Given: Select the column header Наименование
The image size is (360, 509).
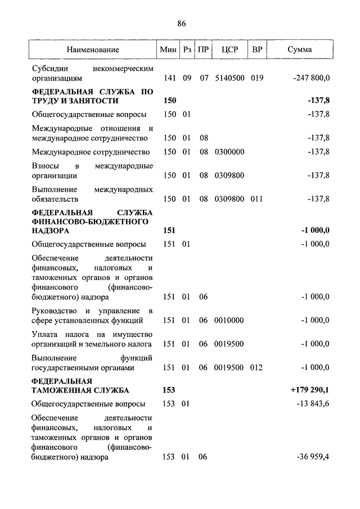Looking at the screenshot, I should click(93, 49).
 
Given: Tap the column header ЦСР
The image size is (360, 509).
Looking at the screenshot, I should click(230, 49).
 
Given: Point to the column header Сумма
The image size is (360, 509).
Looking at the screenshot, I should click(299, 49).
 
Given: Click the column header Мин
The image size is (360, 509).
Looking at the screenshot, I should click(168, 49).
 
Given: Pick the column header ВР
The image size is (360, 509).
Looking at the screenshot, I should click(257, 49).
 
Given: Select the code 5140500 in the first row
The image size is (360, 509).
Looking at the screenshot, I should click(229, 78).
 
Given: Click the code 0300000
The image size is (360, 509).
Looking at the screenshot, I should click(229, 152).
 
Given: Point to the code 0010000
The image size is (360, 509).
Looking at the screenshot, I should click(229, 320).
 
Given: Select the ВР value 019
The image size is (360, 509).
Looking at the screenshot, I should click(257, 78).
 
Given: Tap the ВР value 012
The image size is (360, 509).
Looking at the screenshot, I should click(257, 367).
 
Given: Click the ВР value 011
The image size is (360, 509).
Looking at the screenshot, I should click(257, 199).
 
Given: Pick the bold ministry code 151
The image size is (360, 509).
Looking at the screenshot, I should click(169, 230).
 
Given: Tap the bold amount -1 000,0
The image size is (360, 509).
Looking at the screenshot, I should click(314, 230).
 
